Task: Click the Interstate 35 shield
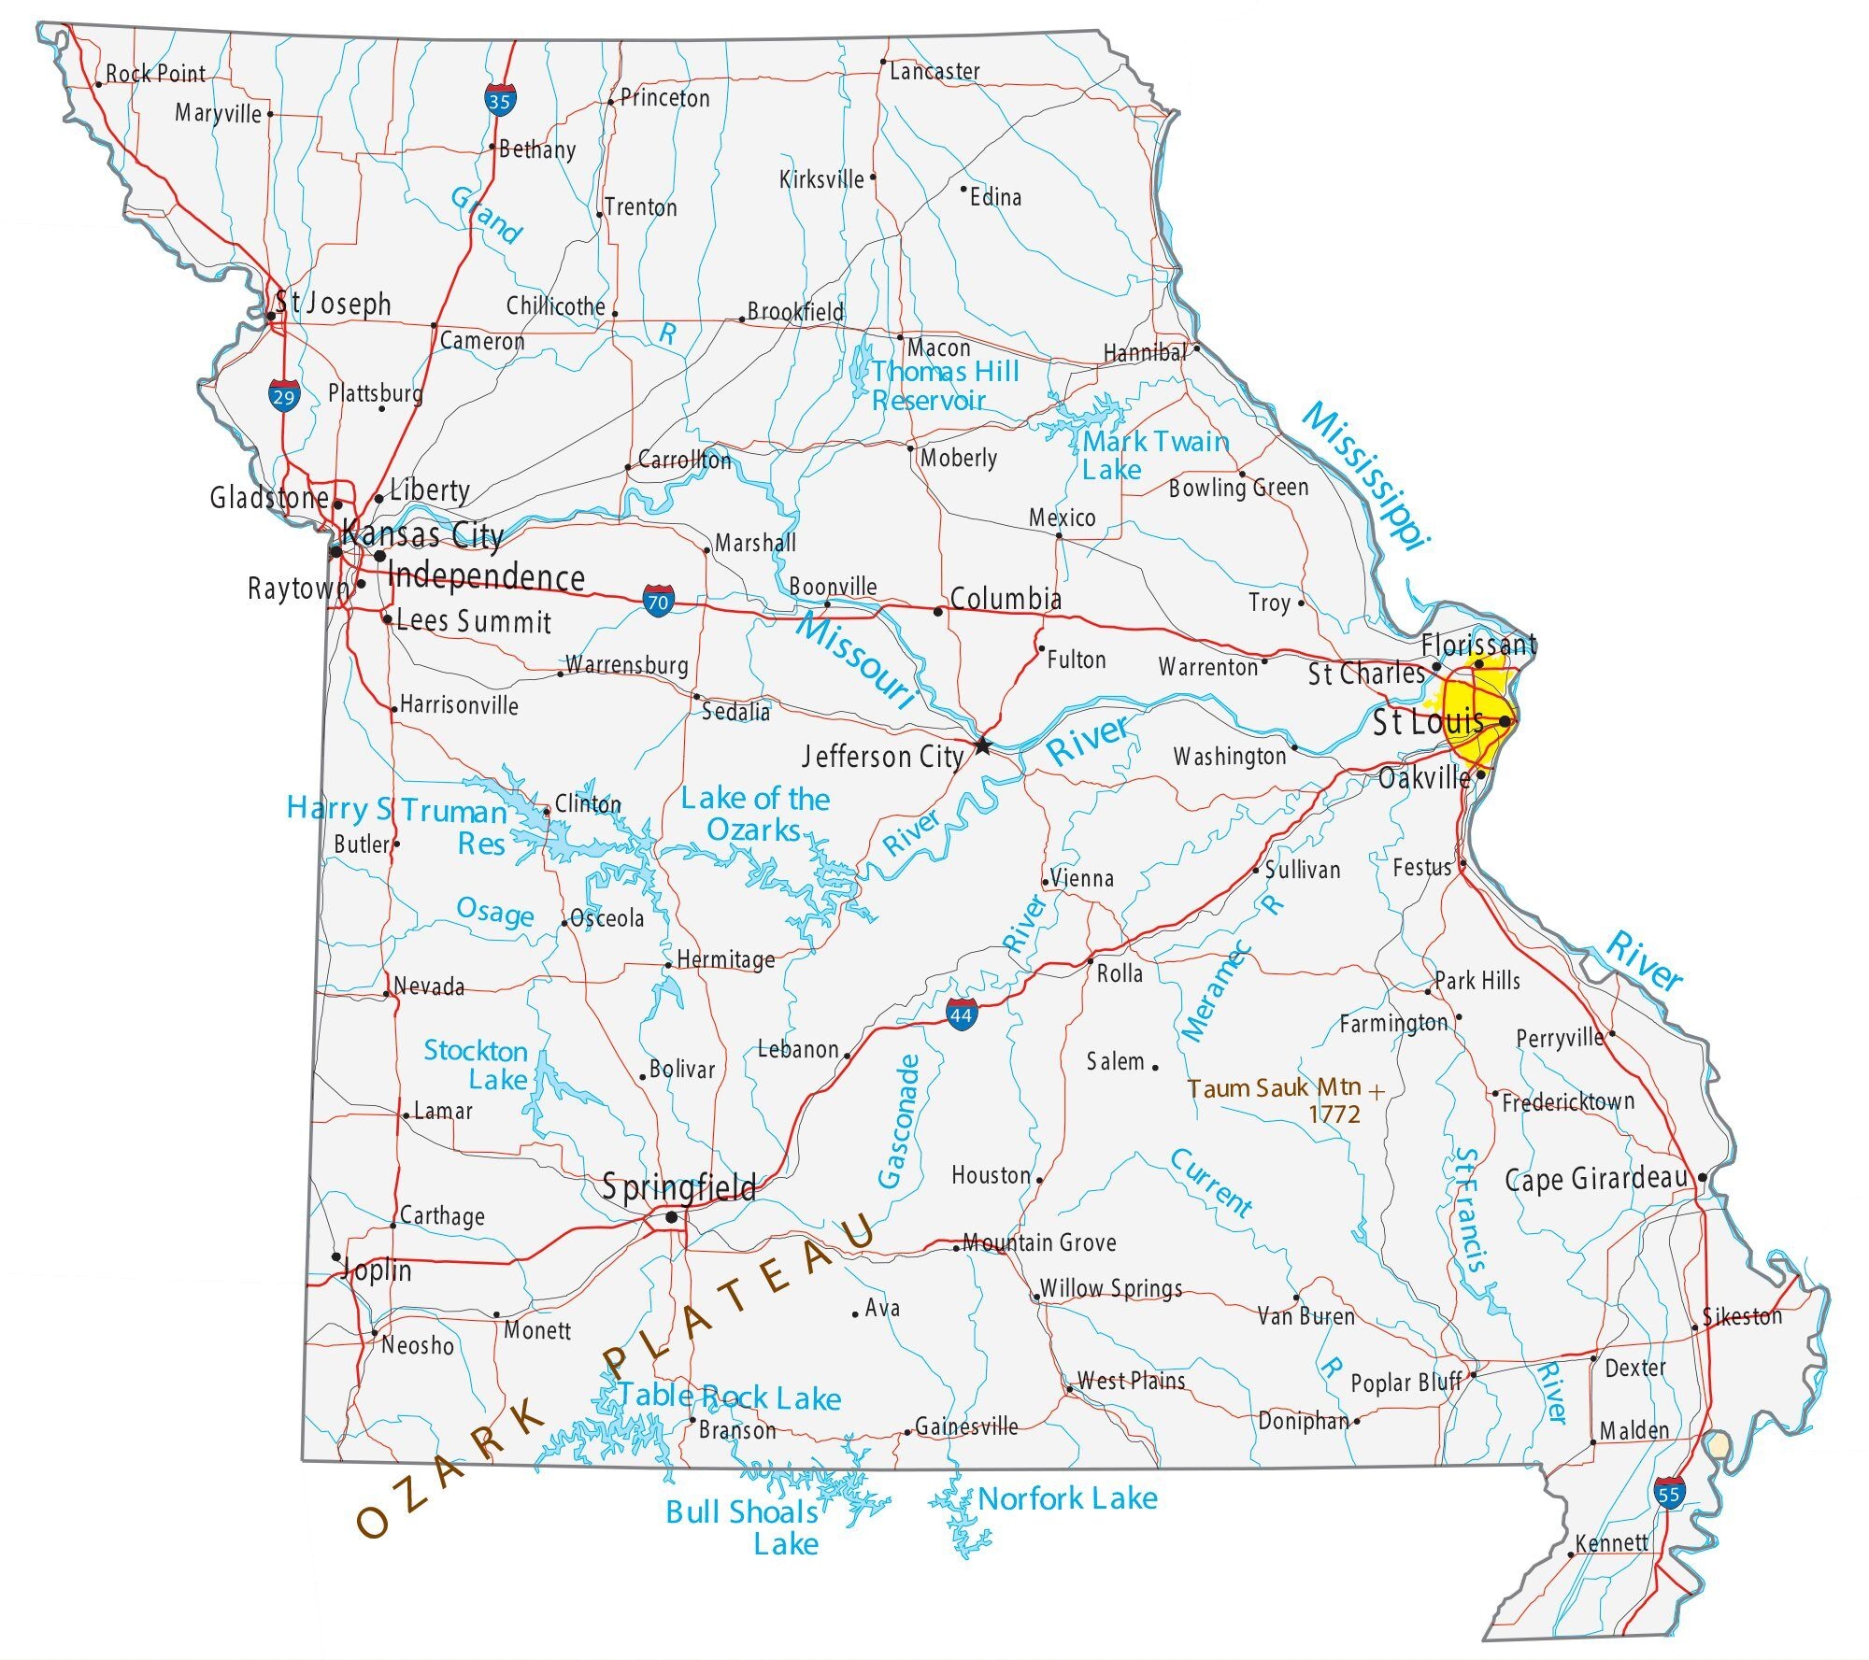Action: click(x=499, y=100)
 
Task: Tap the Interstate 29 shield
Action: click(x=283, y=395)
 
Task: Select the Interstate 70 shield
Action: click(x=658, y=601)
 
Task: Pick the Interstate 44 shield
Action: click(x=962, y=1014)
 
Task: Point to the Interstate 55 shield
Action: click(x=1668, y=1493)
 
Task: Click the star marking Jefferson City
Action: click(x=981, y=745)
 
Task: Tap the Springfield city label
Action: click(x=678, y=1187)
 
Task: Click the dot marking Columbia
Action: click(x=938, y=612)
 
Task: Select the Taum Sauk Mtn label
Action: click(x=1275, y=1089)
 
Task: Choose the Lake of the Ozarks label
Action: click(x=755, y=814)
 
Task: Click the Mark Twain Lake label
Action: click(x=1155, y=455)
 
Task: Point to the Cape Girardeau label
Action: click(x=1596, y=1179)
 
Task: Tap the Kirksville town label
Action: click(x=821, y=178)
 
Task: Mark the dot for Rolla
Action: click(x=1090, y=960)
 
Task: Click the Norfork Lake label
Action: click(x=1067, y=1499)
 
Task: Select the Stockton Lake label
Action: click(x=477, y=1065)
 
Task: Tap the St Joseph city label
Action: click(x=333, y=304)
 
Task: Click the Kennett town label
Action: click(x=1611, y=1542)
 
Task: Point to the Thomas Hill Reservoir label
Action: click(x=944, y=386)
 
